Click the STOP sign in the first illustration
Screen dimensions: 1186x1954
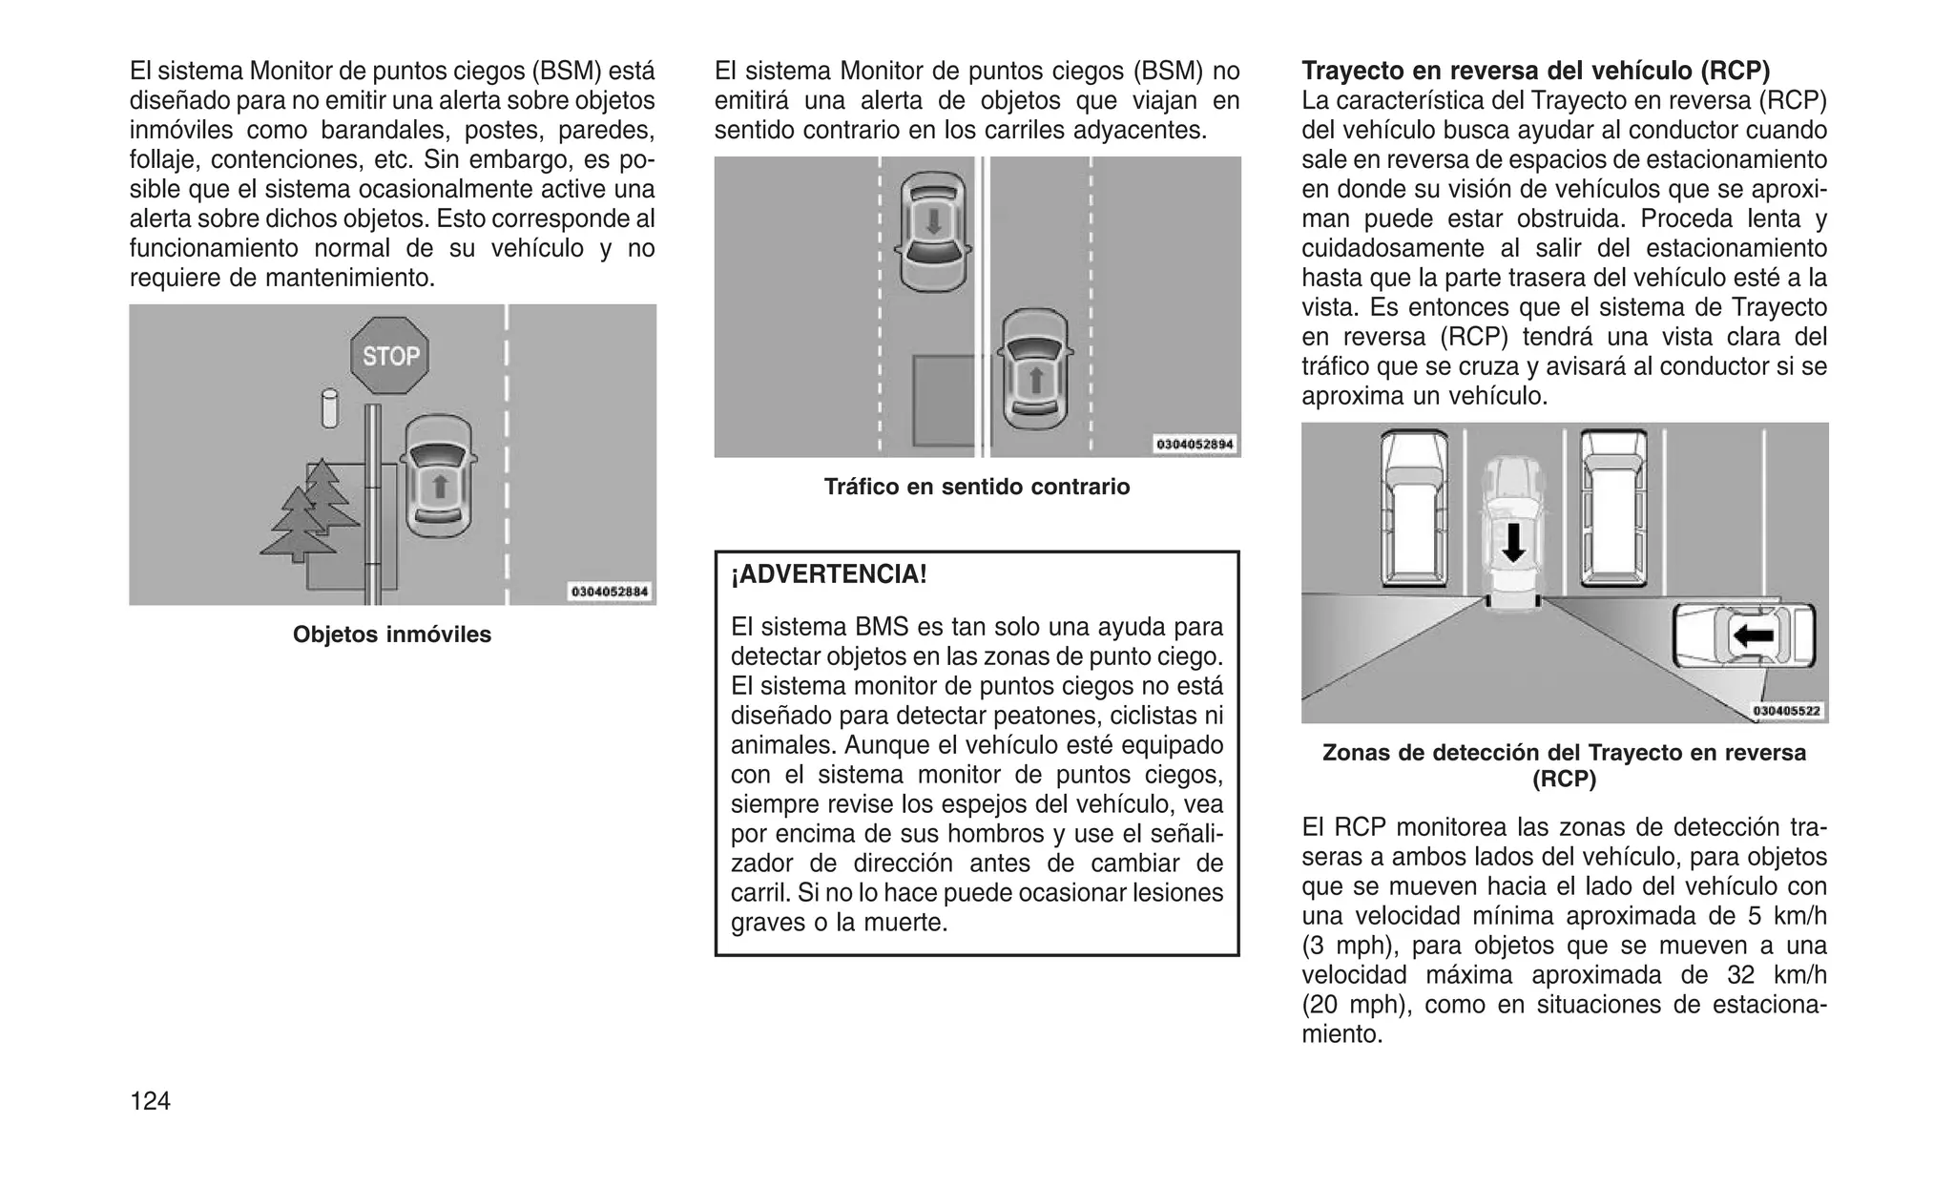[390, 356]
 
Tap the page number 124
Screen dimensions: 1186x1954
[150, 1101]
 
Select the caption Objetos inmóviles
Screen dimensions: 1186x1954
[391, 635]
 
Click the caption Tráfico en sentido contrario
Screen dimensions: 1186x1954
[976, 487]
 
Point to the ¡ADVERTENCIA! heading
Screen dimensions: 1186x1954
[828, 574]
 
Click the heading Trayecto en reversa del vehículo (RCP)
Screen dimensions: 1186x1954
[1535, 71]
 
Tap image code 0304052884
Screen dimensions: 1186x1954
[610, 592]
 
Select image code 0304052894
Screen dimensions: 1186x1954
[1195, 444]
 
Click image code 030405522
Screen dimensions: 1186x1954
[1785, 710]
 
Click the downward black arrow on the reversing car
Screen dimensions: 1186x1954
[1513, 542]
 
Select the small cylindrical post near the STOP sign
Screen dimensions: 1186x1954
[330, 407]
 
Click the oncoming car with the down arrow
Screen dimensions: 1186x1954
[933, 231]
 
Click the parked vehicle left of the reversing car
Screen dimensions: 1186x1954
[1413, 506]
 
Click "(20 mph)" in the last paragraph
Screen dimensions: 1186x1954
[1346, 1004]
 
